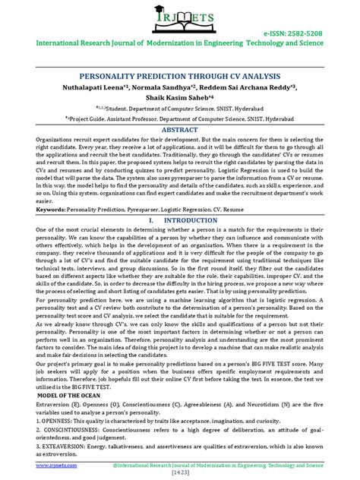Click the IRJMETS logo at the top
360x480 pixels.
[180, 23]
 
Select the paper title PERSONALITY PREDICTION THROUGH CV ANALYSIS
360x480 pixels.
[180, 78]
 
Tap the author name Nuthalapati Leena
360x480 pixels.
[115, 89]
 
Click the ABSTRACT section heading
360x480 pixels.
[180, 130]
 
